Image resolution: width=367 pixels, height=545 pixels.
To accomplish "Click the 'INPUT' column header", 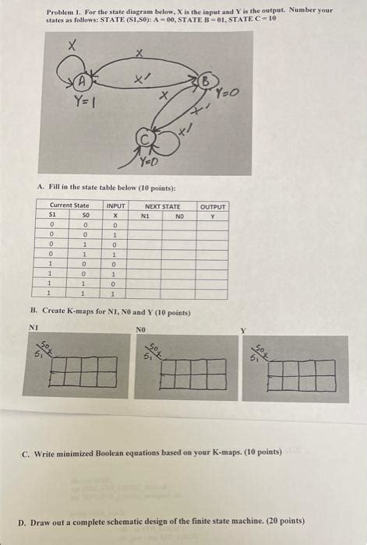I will [x=115, y=206].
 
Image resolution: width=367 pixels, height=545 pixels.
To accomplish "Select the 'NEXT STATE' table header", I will [x=163, y=206].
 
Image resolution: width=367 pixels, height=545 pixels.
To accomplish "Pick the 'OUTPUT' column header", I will [x=212, y=206].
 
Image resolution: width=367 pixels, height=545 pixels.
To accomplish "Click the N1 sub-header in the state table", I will [x=145, y=216].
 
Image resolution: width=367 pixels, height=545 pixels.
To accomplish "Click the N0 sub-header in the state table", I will [x=179, y=216].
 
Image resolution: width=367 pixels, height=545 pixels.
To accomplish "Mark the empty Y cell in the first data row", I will [x=212, y=225].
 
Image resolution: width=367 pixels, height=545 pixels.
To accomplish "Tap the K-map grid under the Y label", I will [x=302, y=374].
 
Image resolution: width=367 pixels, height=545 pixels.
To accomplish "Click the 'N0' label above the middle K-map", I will [x=141, y=330].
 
